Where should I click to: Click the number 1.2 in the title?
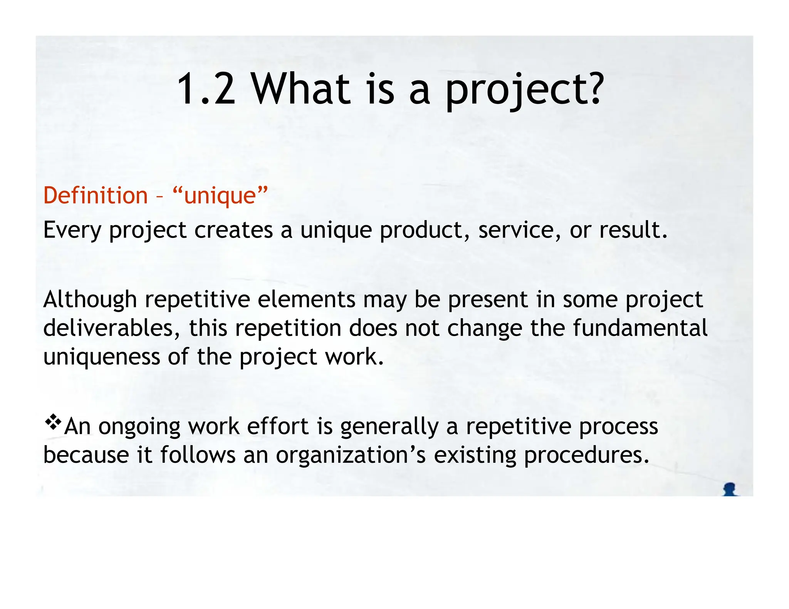point(206,89)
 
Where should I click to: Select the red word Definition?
point(96,195)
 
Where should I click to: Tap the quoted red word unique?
point(220,196)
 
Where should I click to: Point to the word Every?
point(72,230)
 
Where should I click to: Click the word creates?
point(233,230)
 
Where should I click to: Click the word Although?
point(90,300)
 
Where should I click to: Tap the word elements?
point(306,300)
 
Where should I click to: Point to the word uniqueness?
point(101,357)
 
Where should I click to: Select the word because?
point(86,455)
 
